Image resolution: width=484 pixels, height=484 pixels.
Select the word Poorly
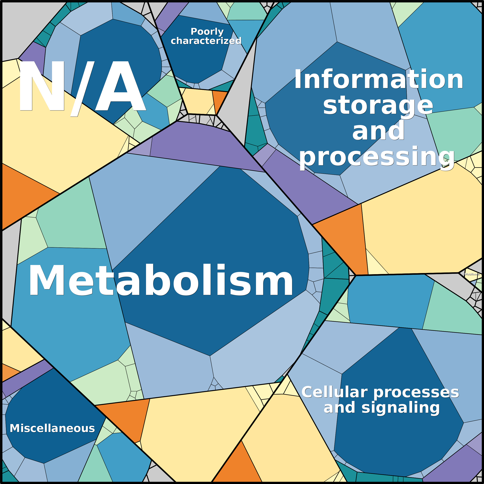tap(207, 32)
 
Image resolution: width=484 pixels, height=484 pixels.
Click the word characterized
tap(206, 41)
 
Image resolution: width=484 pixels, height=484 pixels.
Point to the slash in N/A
tap(82, 88)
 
